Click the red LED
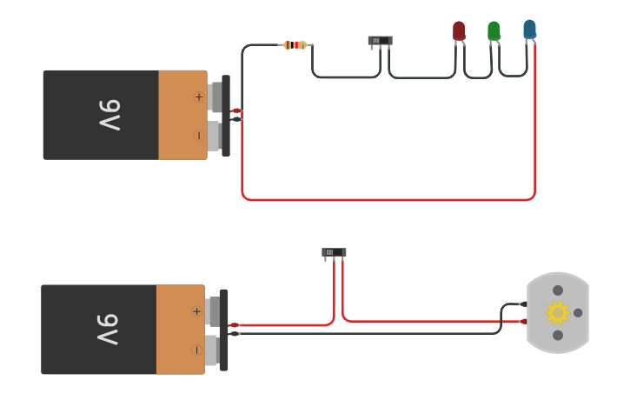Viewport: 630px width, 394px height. [x=459, y=30]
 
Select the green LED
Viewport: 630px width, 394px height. [x=494, y=30]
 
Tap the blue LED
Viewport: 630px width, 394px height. [x=529, y=30]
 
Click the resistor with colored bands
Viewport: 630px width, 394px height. [x=295, y=44]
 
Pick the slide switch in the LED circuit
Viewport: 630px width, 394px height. [x=380, y=40]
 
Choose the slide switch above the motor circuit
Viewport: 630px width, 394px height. [x=334, y=252]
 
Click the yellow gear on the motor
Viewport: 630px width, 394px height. [x=557, y=312]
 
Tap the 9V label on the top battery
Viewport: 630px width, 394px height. [x=109, y=115]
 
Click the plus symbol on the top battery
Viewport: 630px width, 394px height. [x=199, y=97]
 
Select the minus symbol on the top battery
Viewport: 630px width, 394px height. [x=199, y=136]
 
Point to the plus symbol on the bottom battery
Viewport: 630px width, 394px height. [x=196, y=311]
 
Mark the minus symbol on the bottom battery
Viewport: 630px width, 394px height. [x=196, y=350]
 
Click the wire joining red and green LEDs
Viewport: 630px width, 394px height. [x=477, y=77]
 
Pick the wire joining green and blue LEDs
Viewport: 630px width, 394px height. [x=513, y=76]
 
